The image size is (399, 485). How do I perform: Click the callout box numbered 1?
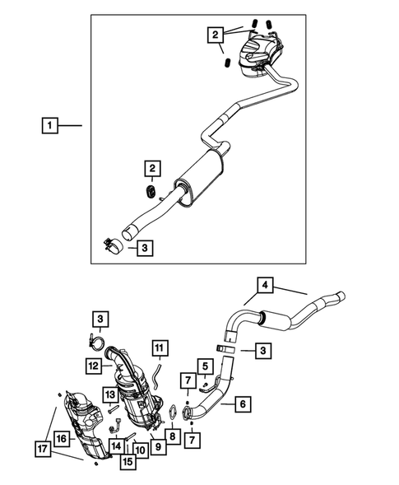tap(51, 126)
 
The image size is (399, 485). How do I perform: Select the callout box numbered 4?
tap(265, 285)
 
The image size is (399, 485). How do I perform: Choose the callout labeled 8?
tap(172, 436)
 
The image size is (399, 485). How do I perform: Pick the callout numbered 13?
tap(109, 396)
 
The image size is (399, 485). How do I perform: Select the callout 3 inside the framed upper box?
tap(143, 246)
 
